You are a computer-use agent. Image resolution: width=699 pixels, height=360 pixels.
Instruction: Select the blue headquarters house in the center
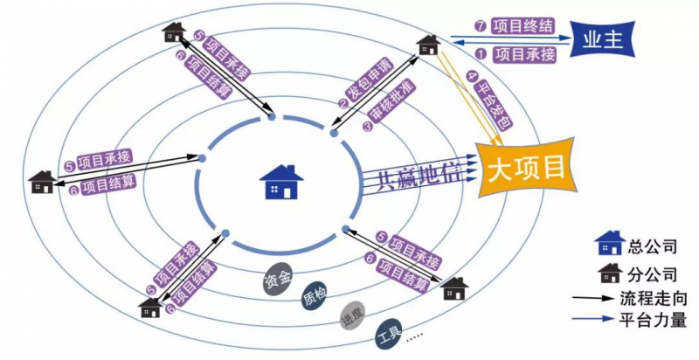(x=281, y=183)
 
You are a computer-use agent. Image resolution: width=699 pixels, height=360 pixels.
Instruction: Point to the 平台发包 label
(x=488, y=102)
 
